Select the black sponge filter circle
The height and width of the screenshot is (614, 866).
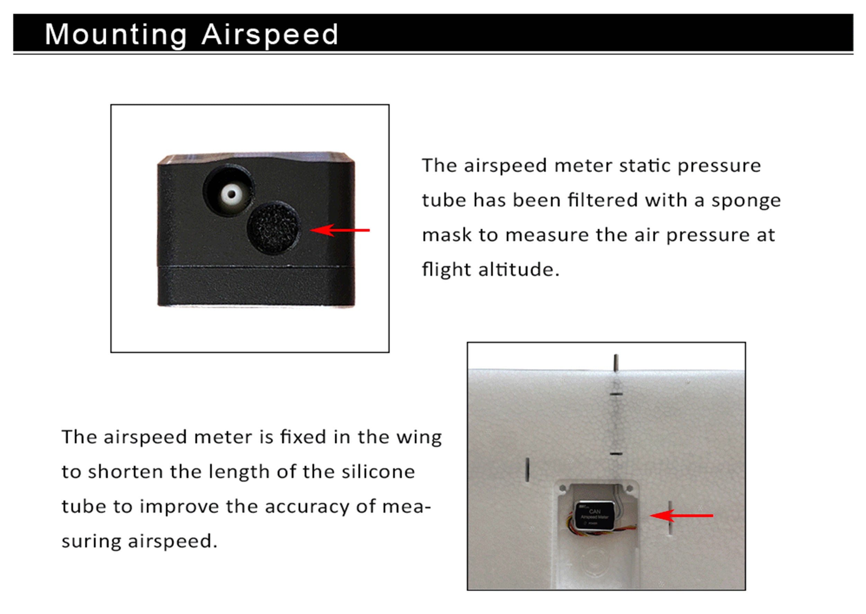[x=274, y=228]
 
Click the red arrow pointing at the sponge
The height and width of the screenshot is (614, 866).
[x=339, y=230]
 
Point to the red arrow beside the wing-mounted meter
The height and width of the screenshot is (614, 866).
[x=681, y=515]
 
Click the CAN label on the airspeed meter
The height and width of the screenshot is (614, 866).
[x=594, y=511]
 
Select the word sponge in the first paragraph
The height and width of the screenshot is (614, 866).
[x=746, y=201]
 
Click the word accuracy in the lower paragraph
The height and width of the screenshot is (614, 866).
[x=307, y=507]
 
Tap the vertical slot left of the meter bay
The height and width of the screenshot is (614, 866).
[x=527, y=470]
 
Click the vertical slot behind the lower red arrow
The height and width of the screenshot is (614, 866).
[x=670, y=518]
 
